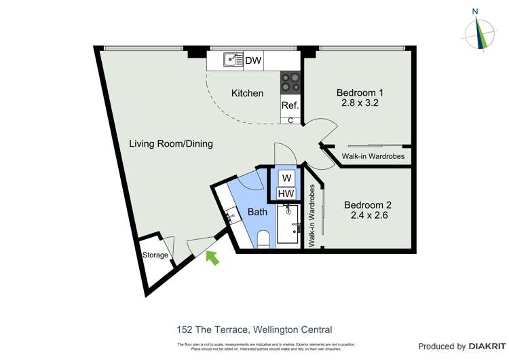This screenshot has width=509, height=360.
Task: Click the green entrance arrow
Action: [x=213, y=257]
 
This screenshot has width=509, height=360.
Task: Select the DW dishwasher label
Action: [x=253, y=61]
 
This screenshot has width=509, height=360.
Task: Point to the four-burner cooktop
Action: [x=290, y=82]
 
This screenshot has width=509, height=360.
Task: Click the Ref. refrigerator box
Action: [x=290, y=105]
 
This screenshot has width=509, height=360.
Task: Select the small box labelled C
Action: [x=290, y=120]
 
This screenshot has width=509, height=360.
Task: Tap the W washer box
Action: [x=287, y=179]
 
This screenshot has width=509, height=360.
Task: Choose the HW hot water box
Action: [x=287, y=195]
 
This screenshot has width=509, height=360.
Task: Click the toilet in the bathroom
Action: [x=265, y=239]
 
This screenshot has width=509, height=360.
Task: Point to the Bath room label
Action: [x=257, y=212]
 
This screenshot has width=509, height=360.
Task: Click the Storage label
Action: [x=155, y=255]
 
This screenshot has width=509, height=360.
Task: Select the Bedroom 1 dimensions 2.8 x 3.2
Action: [x=360, y=104]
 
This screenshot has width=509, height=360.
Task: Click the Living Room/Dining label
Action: [x=172, y=143]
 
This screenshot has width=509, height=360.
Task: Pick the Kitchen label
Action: [x=247, y=93]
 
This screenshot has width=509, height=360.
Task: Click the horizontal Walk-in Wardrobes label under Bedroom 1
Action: [x=373, y=157]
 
